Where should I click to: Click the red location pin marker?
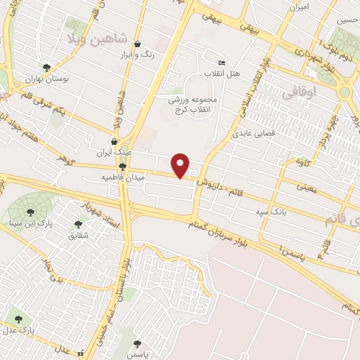click(181, 165)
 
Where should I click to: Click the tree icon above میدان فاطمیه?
click(123, 167)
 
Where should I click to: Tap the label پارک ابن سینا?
click(30, 223)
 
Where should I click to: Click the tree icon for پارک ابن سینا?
click(30, 211)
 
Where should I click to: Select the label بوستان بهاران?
click(46, 79)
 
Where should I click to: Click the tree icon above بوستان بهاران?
click(46, 68)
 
